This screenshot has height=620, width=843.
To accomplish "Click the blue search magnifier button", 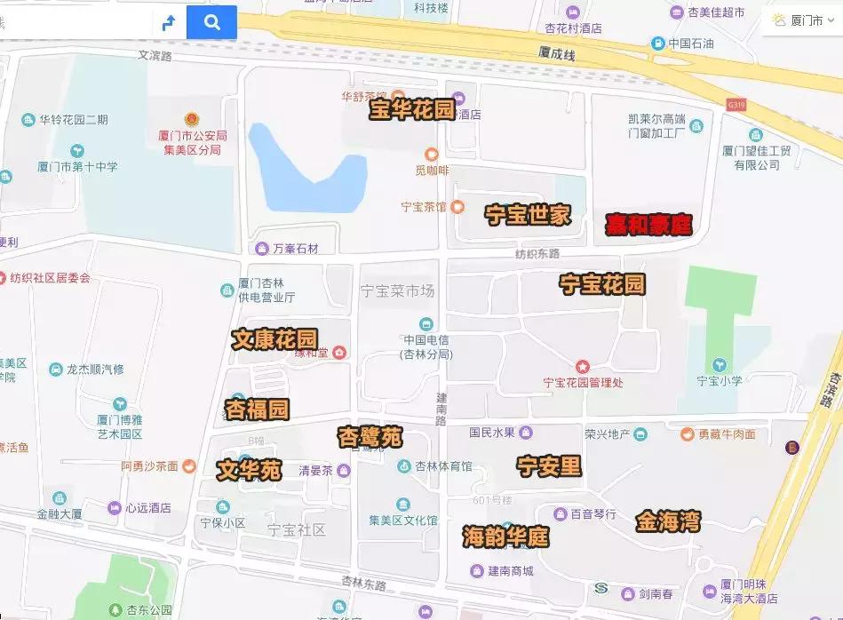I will coord(211,22).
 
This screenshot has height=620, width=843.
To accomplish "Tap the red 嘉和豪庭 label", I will coord(648,225).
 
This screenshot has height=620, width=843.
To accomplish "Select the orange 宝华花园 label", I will coord(412,110).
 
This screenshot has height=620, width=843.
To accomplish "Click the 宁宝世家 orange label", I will coord(528,214).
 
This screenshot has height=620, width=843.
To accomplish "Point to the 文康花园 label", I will coord(274,339).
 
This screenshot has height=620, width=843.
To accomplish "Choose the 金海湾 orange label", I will coord(667,521).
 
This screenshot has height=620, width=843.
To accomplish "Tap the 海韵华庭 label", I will coord(505,537).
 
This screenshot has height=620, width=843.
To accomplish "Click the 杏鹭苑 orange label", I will coord(370,437).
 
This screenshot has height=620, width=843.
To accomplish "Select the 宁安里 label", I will coord(549,465).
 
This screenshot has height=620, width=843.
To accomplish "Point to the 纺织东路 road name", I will coord(537,254).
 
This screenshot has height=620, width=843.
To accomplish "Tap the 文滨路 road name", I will coord(155,54).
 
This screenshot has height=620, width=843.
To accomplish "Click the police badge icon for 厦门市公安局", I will coord(191,119).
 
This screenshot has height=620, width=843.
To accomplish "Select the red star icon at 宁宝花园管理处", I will coord(583,366).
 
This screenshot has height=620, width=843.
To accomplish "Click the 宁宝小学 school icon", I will coord(719,365).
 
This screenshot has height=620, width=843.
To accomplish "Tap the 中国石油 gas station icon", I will coord(657,43).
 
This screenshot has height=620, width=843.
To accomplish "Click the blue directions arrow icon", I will coord(169,23).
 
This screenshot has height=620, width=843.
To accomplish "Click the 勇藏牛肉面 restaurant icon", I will coord(688,434).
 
